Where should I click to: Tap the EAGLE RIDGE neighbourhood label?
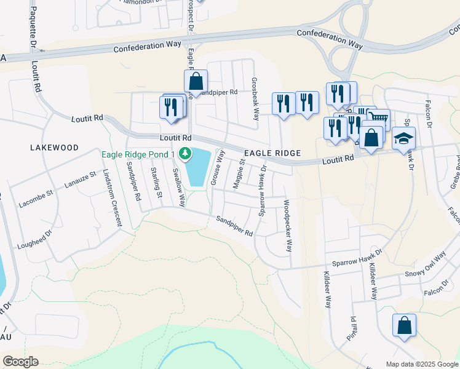click(272, 153)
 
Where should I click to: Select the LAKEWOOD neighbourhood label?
click(55, 148)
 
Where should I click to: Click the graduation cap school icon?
click(404, 139)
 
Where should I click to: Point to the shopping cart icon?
click(379, 117)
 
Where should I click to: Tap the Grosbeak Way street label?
click(256, 95)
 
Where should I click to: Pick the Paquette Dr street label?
click(31, 31)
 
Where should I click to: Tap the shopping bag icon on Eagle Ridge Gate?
click(196, 81)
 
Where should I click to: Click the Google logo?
click(20, 362)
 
